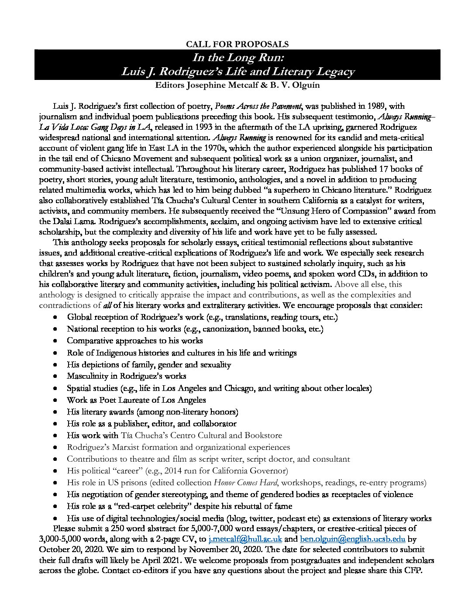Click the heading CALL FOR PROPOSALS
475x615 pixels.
pos(237,44)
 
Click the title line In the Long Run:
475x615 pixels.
pos(237,58)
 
